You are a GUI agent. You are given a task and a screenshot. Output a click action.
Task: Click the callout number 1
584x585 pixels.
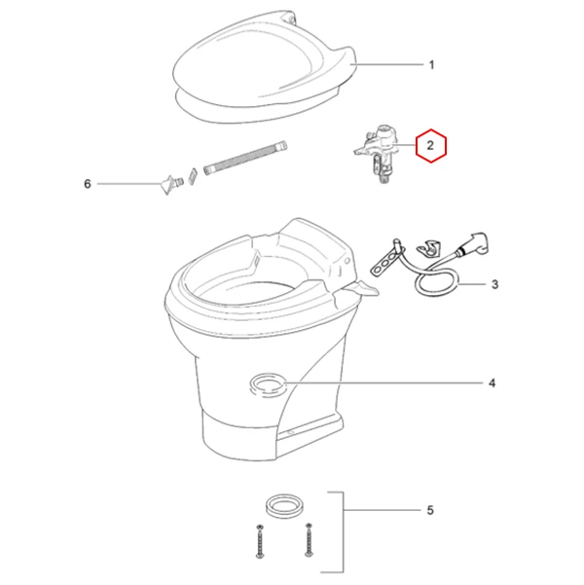point(432,65)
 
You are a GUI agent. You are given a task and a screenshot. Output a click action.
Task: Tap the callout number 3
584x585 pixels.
point(494,284)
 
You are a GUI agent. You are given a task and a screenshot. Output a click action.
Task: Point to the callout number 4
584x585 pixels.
point(493,384)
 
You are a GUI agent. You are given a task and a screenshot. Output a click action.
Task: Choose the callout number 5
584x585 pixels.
point(430,510)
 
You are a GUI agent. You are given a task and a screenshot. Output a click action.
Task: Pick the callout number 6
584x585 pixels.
point(88,184)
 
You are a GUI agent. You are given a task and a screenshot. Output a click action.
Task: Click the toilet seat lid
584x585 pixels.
point(266,67)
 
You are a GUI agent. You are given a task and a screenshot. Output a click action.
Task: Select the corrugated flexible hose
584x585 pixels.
point(246,158)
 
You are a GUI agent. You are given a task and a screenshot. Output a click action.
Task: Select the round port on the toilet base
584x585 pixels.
point(268,385)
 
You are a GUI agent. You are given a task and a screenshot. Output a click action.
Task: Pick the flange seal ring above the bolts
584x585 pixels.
point(284,507)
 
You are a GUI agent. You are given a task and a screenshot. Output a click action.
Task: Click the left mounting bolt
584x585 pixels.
point(259,541)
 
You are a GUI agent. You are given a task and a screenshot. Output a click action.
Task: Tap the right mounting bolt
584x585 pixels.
point(309,540)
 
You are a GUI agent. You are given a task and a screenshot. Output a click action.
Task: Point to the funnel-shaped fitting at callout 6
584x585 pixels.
point(170,184)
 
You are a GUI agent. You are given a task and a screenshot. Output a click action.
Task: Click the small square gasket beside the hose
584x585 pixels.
point(193,175)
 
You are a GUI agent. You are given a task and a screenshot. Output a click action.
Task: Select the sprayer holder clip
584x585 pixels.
point(429,249)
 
